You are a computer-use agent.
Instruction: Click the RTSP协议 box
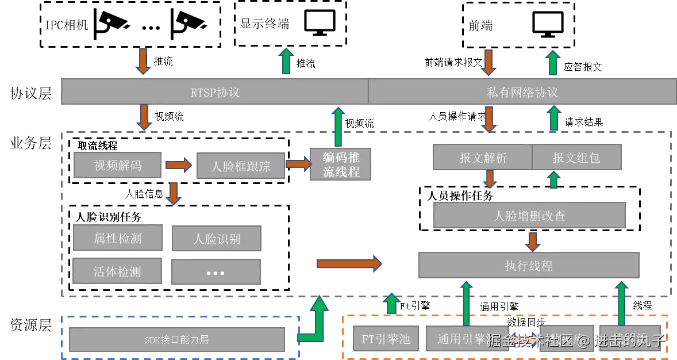(x=214, y=92)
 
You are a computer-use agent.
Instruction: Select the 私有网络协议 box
(x=522, y=92)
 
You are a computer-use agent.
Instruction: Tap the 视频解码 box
(x=119, y=166)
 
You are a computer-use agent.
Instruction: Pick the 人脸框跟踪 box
(x=240, y=167)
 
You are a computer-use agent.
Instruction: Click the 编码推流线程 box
(x=340, y=165)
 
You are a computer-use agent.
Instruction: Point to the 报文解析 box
(x=483, y=158)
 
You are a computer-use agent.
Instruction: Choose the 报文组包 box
(x=576, y=158)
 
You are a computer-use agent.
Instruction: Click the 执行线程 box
(x=529, y=266)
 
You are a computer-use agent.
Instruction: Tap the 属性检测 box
(x=118, y=238)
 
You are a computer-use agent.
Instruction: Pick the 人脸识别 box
(x=216, y=239)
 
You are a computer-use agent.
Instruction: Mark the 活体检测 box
(x=118, y=271)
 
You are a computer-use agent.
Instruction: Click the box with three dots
(x=216, y=272)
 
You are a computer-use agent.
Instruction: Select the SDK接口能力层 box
(x=177, y=339)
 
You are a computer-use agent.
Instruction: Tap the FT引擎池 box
(x=386, y=339)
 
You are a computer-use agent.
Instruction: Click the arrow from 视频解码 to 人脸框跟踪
(x=179, y=166)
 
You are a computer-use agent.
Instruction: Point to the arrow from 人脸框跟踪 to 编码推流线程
(x=298, y=164)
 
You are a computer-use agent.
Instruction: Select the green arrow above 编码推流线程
(x=338, y=127)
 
